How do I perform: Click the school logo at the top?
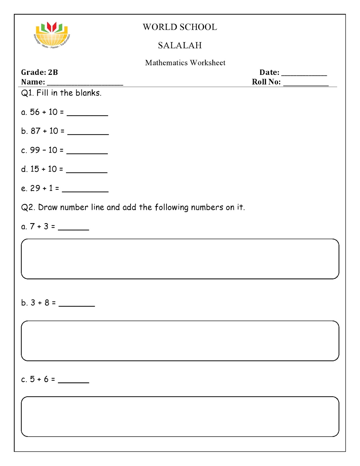pyautogui.click(x=52, y=35)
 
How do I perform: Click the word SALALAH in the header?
pyautogui.click(x=180, y=45)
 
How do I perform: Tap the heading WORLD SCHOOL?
pyautogui.click(x=180, y=27)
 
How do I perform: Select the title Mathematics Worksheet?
pyautogui.click(x=185, y=63)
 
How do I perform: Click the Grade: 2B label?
pyautogui.click(x=39, y=72)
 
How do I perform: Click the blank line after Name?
pyautogui.click(x=85, y=84)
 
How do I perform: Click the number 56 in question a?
pyautogui.click(x=35, y=112)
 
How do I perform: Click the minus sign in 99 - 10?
pyautogui.click(x=44, y=150)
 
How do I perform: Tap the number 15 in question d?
pyautogui.click(x=35, y=169)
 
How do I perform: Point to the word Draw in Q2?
pyautogui.click(x=48, y=207)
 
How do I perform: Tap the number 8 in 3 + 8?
pyautogui.click(x=47, y=303)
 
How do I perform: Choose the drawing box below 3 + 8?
pyautogui.click(x=180, y=341)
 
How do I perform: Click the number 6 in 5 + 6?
pyautogui.click(x=46, y=379)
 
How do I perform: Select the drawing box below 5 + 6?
pyautogui.click(x=180, y=416)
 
